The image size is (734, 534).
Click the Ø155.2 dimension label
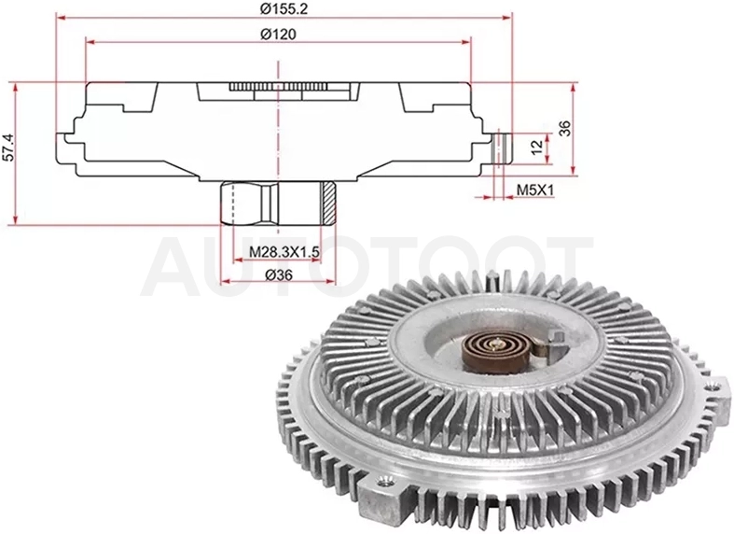284,8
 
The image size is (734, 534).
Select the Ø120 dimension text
279,35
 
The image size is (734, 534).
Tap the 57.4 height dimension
8,147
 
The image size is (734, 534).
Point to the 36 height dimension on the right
565,128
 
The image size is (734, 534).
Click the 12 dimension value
537,147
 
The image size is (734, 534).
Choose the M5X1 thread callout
535,190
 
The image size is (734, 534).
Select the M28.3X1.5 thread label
284,252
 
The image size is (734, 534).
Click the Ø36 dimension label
279,275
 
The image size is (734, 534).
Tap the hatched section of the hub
328,203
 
